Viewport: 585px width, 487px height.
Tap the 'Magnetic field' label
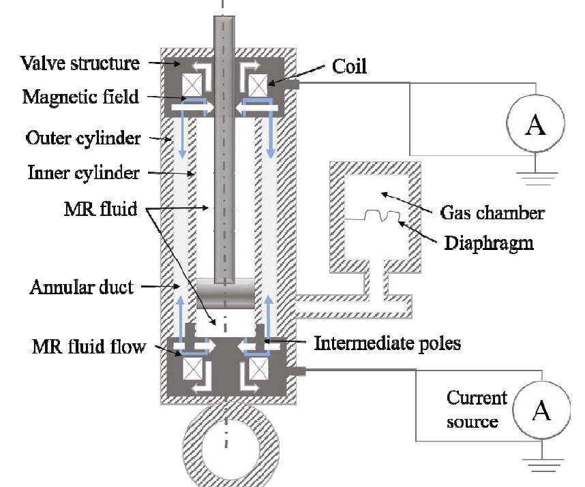click(80, 96)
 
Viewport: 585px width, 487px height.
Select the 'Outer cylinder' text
click(82, 138)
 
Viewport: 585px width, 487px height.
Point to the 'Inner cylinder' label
click(82, 173)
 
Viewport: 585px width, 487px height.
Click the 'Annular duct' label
click(81, 287)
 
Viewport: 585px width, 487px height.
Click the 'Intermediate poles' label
click(387, 343)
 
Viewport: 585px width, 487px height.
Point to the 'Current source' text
click(477, 409)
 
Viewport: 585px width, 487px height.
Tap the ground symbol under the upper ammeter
click(536, 177)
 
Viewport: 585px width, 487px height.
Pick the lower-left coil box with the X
click(192, 373)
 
